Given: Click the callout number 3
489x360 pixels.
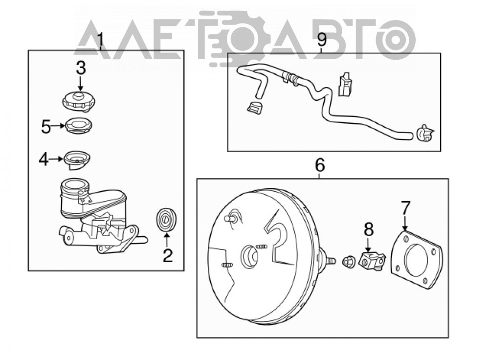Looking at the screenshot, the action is (81, 68).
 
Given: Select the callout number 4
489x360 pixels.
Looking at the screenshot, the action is (44, 159).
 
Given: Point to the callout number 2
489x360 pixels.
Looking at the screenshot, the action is (167, 255).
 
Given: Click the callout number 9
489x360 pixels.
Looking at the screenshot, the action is (322, 40).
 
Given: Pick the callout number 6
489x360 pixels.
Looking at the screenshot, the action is (320, 165).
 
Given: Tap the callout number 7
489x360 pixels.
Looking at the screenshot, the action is (405, 208).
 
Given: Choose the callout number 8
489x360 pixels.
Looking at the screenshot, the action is (369, 229).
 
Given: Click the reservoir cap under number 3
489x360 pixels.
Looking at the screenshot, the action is (79, 100).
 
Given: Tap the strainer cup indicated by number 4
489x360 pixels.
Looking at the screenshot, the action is (77, 160).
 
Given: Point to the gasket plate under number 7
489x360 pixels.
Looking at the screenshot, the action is (417, 260).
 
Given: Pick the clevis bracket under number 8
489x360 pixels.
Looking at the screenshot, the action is (372, 260).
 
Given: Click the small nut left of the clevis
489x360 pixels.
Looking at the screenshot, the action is (349, 261).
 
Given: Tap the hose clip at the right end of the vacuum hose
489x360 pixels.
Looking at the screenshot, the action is (425, 134).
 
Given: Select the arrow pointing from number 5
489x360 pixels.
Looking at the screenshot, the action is (58, 126).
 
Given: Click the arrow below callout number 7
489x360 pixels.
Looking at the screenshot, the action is (405, 224).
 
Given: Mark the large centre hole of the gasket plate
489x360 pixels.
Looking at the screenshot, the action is (416, 260).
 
